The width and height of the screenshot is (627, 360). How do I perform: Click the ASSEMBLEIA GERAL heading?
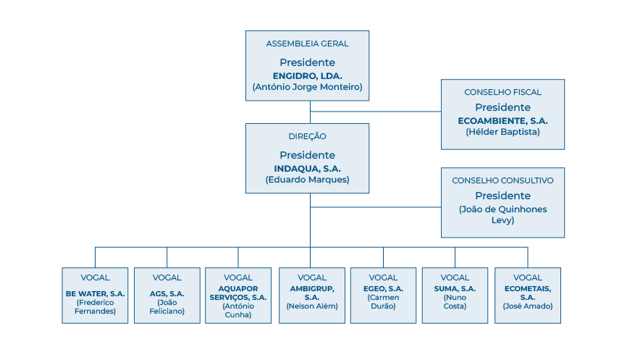(307, 43)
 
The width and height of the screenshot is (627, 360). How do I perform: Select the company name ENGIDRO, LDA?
(307, 75)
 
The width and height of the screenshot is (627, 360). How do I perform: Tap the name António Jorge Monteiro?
(307, 87)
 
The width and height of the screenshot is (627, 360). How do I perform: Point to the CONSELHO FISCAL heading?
(502, 92)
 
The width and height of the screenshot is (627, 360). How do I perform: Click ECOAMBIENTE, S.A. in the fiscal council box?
(502, 120)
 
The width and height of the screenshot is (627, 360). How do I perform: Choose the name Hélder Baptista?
(502, 132)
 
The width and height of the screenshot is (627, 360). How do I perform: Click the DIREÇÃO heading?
(307, 136)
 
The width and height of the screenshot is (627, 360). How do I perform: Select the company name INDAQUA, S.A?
(307, 168)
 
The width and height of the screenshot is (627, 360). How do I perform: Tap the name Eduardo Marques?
(307, 180)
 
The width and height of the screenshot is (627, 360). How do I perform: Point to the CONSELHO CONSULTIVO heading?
(502, 180)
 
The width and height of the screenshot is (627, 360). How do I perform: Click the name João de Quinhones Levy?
(502, 214)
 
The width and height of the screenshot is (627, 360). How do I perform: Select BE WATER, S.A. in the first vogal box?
(95, 293)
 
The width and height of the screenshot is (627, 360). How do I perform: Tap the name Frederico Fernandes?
(95, 306)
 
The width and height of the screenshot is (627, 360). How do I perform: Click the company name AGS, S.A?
(167, 293)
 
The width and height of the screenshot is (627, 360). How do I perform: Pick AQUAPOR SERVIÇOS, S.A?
(238, 293)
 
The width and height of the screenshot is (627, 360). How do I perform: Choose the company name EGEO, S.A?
(382, 288)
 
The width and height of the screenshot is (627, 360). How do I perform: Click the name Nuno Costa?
(455, 301)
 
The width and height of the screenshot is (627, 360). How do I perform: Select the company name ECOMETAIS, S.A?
(527, 293)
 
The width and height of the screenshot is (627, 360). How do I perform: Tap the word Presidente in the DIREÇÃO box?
(307, 155)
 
